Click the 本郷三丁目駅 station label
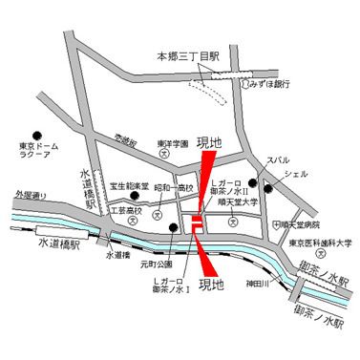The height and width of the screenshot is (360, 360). (189, 57)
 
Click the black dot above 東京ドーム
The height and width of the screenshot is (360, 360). (36, 135)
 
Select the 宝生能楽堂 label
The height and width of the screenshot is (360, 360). (128, 186)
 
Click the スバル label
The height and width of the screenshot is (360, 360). (278, 159)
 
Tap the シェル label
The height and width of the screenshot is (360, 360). (297, 176)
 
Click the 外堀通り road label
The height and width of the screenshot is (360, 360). (31, 198)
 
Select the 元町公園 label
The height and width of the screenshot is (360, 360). (156, 260)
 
